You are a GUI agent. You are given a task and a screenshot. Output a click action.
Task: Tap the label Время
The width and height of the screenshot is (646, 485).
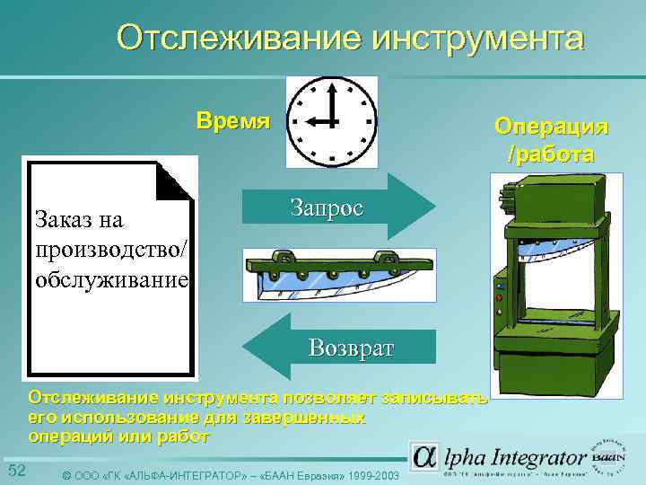tap(232, 121)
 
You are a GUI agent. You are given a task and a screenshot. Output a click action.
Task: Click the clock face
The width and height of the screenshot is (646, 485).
tap(331, 122)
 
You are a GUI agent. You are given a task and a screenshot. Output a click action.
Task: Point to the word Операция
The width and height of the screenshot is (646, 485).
tap(551, 127)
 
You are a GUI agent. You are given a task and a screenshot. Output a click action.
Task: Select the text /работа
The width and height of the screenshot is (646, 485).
tap(551, 154)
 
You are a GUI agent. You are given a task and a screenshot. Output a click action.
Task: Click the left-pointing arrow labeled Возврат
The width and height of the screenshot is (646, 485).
tap(341, 347)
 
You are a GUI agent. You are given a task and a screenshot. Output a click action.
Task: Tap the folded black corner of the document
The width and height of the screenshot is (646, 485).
tap(176, 181)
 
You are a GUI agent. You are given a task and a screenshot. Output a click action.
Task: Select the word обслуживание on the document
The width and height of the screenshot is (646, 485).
tap(111, 279)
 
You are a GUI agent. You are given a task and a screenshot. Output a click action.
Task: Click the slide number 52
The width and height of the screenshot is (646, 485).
tap(17, 472)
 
